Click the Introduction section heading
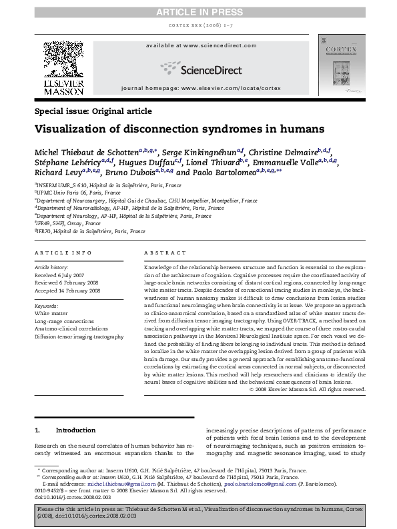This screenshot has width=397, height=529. click(x=76, y=430)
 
